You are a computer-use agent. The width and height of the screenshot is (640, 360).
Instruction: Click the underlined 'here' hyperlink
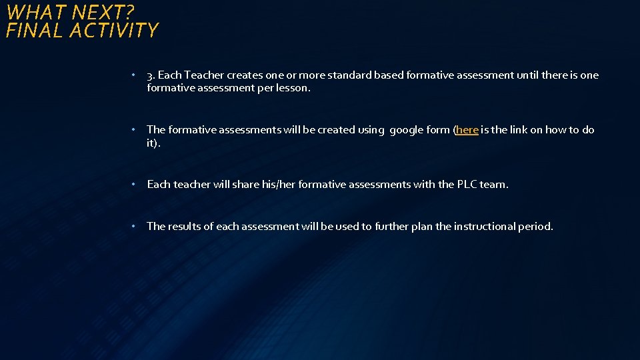(467, 130)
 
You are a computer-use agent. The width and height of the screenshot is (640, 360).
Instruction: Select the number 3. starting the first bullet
(151, 75)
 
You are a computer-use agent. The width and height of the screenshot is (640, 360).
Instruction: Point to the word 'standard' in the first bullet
(349, 75)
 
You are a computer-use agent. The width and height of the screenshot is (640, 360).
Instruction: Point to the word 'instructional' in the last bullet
(485, 226)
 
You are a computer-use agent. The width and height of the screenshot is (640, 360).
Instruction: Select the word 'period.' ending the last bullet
(536, 226)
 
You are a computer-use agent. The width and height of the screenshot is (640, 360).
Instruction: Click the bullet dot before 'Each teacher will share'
(134, 184)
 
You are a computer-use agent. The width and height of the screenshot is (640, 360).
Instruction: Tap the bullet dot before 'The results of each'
(134, 226)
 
